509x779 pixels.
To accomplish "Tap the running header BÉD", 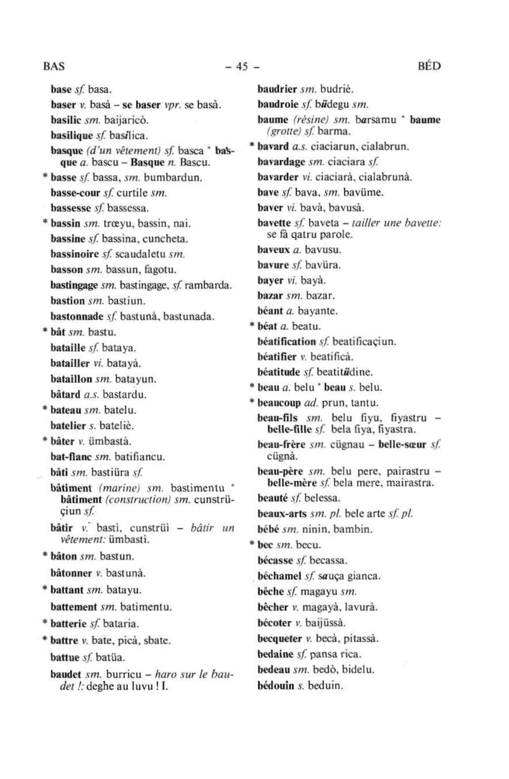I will (429, 67).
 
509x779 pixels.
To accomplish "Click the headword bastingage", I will (75, 285).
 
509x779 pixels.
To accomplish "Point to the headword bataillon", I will (72, 379).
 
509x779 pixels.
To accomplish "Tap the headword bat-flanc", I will (70, 456).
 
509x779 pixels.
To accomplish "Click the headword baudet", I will (66, 675).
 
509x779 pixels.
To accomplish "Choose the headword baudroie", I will (277, 105).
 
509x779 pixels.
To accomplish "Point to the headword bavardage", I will (281, 162).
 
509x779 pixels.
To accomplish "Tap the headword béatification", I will (287, 342).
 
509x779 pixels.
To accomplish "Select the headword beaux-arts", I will (282, 514).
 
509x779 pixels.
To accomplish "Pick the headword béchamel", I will (280, 576).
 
